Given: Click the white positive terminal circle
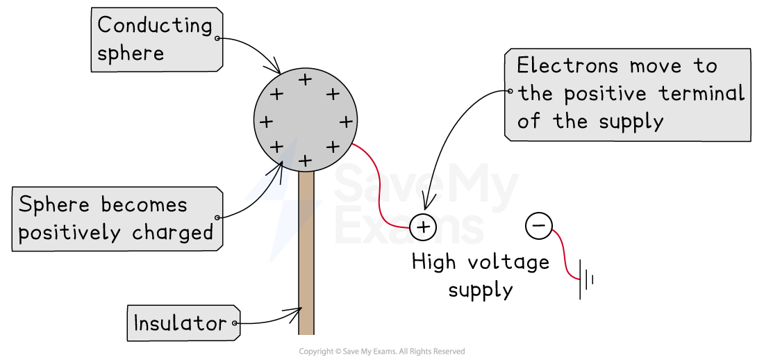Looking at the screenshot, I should coord(423,227).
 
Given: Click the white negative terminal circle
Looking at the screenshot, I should coord(539,226).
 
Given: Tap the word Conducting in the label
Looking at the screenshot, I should coord(154,26).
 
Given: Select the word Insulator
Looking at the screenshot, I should coord(180,323).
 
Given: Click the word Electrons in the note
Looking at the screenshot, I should coord(567,66).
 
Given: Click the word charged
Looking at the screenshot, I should coord(178,233).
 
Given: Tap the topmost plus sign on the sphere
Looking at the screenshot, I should coord(305,80).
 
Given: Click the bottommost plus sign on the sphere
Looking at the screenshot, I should coord(304,161).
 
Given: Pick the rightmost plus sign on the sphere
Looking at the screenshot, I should coord(345,122).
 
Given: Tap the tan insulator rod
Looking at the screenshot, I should coord(306,278).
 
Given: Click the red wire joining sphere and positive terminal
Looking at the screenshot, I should coord(380,195).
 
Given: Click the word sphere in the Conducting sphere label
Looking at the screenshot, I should coord(131,54).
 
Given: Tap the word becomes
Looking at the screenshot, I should coord(144,205).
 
